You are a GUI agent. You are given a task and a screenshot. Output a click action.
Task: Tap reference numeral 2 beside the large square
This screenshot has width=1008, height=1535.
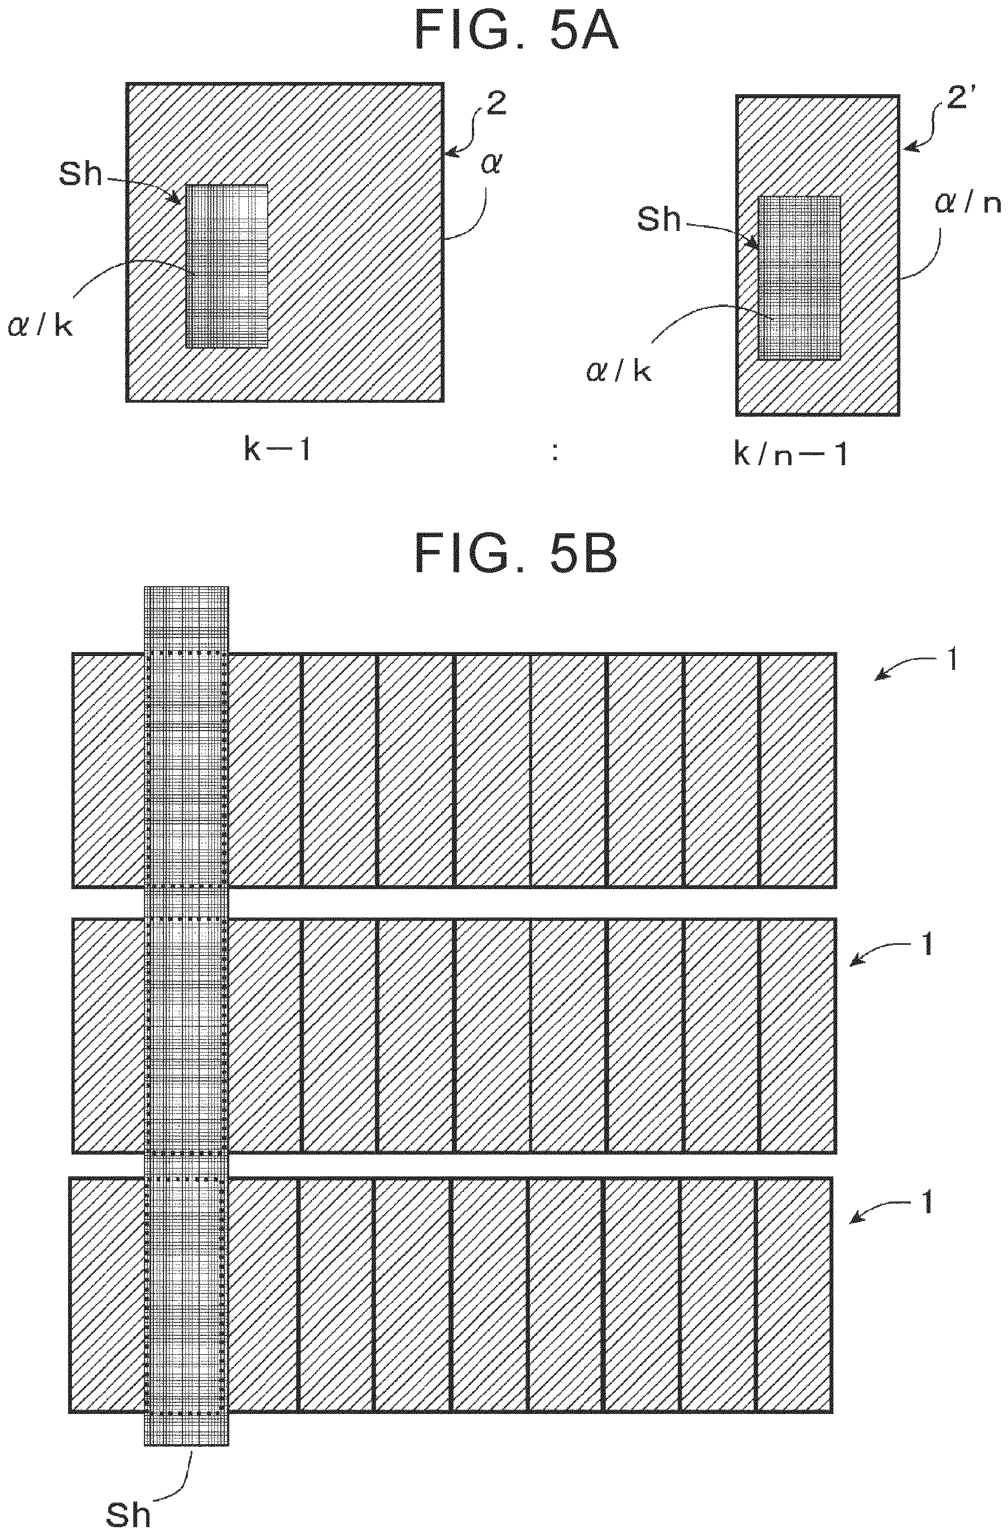pos(496,104)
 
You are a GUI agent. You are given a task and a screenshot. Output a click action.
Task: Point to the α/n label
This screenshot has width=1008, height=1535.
pos(967,203)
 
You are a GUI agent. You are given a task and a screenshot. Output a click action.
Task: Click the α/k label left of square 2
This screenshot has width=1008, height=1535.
pos(40,326)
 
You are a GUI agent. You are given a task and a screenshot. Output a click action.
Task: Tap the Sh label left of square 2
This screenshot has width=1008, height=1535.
pos(81,172)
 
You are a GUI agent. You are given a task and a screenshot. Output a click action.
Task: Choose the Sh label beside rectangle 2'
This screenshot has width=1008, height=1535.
pos(658,219)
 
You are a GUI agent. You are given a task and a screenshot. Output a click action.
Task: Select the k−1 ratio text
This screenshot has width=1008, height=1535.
pos(278,450)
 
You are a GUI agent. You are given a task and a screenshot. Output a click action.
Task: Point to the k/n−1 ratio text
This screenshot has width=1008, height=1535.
pos(790,455)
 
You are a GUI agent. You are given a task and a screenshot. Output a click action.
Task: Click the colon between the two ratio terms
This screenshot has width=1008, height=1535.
pos(554,454)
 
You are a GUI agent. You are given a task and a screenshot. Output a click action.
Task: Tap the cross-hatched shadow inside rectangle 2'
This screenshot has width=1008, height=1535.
pos(800,277)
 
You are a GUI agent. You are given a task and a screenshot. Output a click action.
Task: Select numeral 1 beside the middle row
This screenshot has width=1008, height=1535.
pos(927,945)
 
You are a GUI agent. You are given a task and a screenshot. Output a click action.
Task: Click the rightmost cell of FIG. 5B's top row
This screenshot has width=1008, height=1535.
pos(798,770)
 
